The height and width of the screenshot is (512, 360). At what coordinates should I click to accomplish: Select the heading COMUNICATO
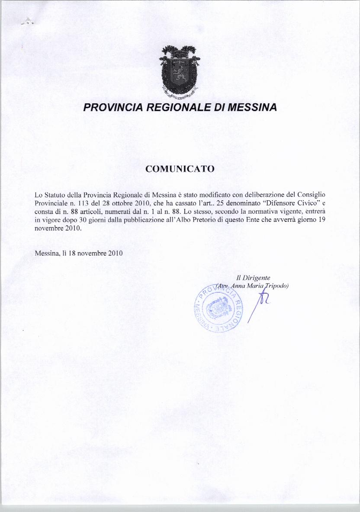pyautogui.click(x=180, y=169)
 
